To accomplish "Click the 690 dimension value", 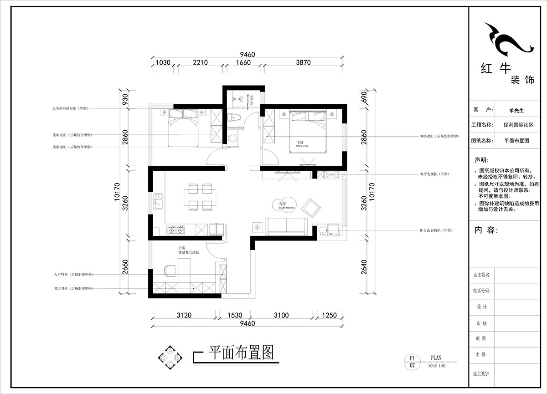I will click(363, 97).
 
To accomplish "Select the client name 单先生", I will click(516, 110).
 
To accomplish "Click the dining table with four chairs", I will click(200, 197).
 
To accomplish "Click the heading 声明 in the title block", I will click(481, 160).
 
